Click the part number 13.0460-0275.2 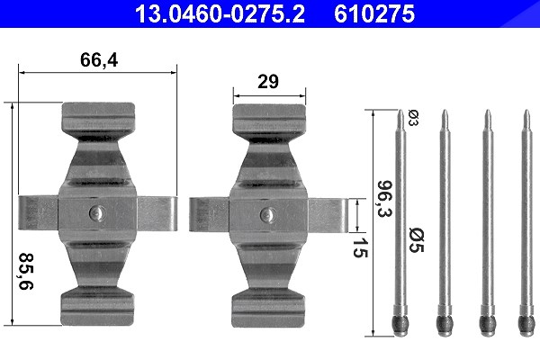click(x=220, y=14)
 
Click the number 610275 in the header click(x=374, y=14)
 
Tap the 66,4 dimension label click(x=99, y=60)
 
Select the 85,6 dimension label click(x=26, y=271)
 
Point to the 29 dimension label click(x=268, y=82)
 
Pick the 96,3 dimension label click(x=385, y=198)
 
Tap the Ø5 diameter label click(x=417, y=239)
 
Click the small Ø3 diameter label click(x=413, y=118)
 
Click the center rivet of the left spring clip click(x=95, y=213)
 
